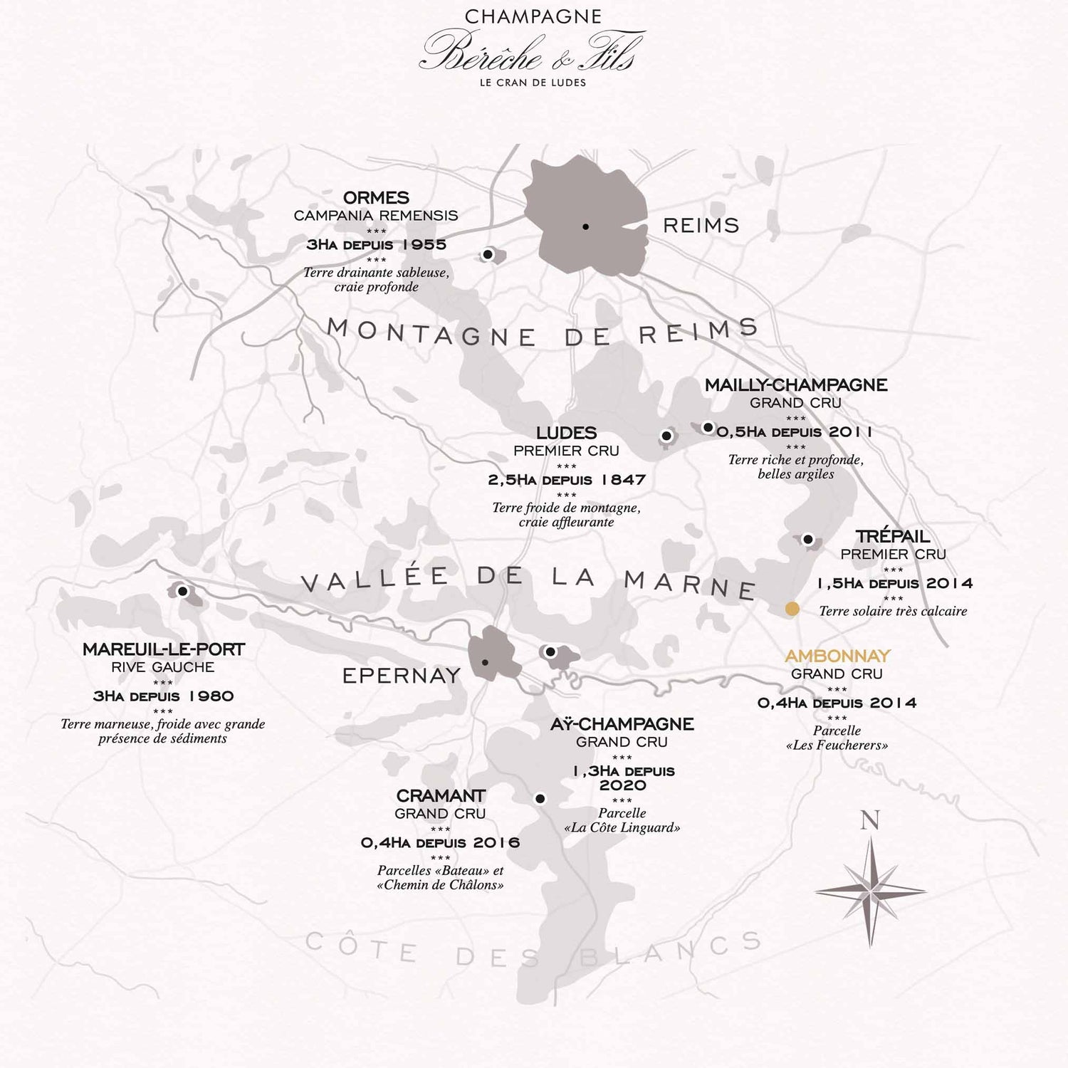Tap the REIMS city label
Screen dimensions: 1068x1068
point(701,226)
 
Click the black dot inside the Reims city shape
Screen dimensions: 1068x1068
point(585,226)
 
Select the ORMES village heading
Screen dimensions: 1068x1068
point(376,197)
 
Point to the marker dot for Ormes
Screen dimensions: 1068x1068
point(488,254)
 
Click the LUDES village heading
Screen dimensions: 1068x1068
point(566,433)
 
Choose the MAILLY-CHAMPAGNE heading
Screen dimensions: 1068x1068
point(796,385)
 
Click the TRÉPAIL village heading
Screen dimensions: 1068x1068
point(893,536)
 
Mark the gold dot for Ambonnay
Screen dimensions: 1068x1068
point(792,609)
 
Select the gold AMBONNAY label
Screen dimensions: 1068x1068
point(837,656)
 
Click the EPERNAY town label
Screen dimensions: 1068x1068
point(402,676)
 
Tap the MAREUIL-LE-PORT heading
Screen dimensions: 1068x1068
point(163,649)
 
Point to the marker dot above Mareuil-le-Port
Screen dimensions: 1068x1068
point(182,591)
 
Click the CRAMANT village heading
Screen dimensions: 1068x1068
point(441,795)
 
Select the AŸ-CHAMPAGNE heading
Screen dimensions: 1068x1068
point(622,724)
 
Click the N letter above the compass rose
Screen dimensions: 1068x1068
point(869,821)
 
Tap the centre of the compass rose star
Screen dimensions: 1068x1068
point(870,890)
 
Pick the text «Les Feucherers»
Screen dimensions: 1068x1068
point(837,745)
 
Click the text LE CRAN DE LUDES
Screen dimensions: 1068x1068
point(533,83)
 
